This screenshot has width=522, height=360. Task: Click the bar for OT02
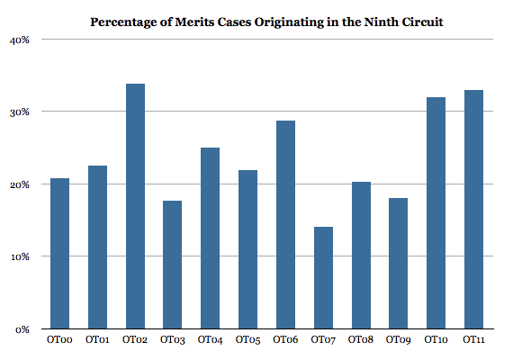click(x=135, y=206)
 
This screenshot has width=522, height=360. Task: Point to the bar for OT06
click(x=284, y=224)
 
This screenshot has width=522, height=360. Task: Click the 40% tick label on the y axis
click(x=20, y=40)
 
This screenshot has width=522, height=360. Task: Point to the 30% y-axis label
click(x=20, y=112)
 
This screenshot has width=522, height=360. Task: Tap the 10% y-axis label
click(x=20, y=256)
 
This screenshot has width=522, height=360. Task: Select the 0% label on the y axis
click(x=23, y=329)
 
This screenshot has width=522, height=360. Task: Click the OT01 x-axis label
click(x=97, y=341)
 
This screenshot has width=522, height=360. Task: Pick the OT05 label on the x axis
click(x=247, y=341)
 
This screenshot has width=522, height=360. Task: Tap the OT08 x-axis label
click(x=360, y=341)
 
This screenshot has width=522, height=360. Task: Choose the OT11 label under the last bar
click(x=472, y=341)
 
